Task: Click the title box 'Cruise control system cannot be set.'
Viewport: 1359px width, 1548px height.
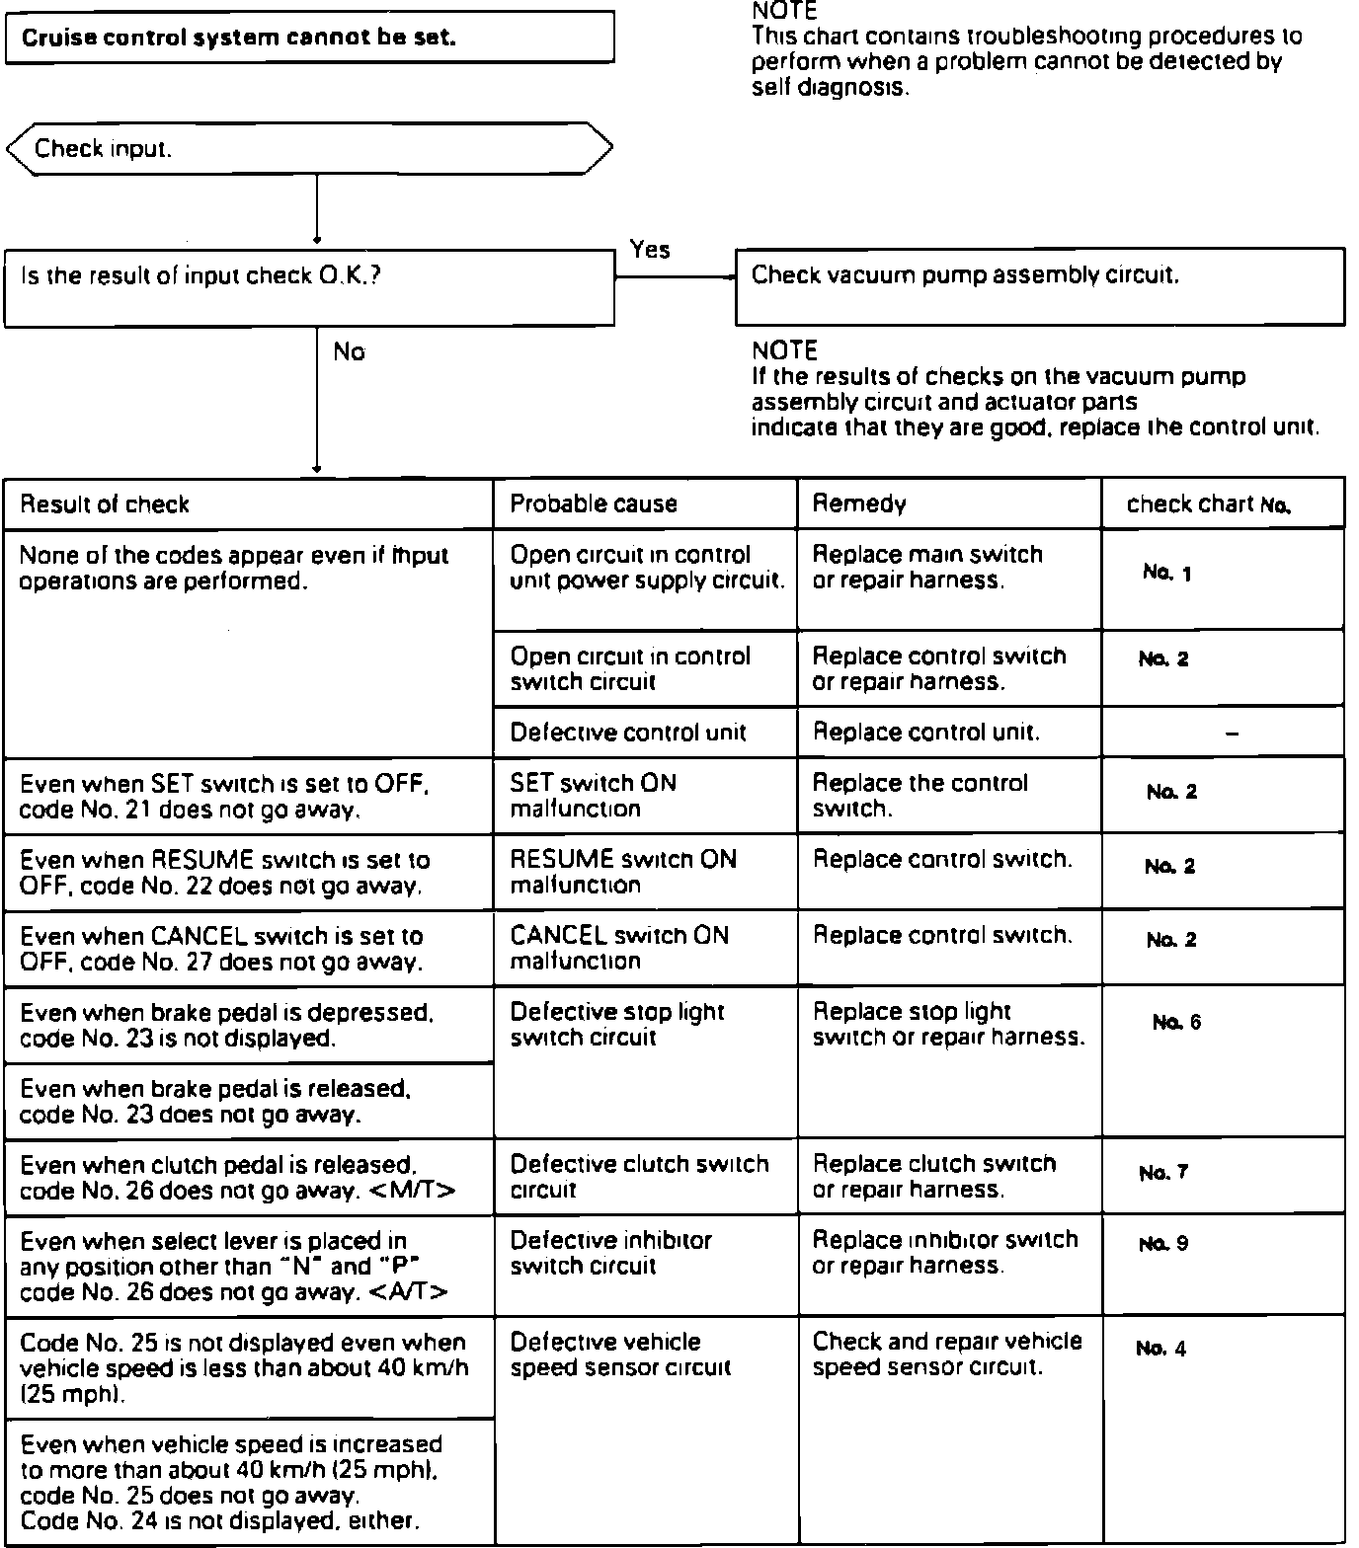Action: coord(309,39)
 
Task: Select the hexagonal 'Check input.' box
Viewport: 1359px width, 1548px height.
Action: coord(309,149)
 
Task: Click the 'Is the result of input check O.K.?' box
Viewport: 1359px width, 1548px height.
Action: coord(309,287)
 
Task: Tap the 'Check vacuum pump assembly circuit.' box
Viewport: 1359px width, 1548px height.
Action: coord(1039,286)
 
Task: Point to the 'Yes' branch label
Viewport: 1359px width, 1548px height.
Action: coord(650,250)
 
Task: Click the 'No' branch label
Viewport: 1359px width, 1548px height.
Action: coord(349,352)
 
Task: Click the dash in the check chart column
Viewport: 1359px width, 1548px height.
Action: coord(1232,733)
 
